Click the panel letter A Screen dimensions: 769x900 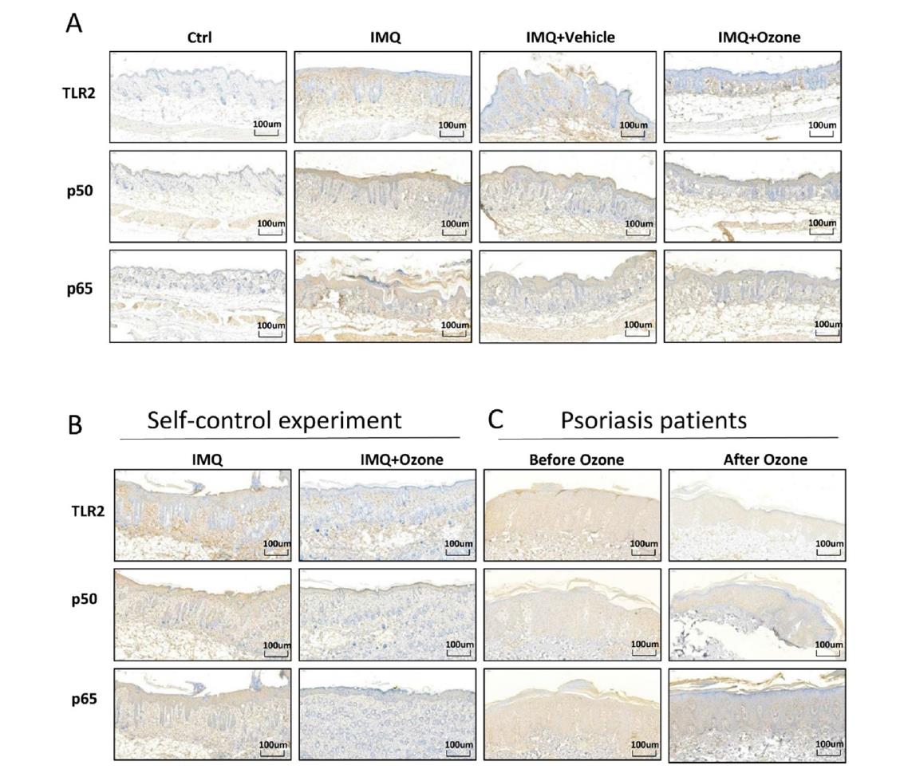73,23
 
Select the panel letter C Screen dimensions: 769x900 495,420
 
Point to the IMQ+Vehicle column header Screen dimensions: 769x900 567,37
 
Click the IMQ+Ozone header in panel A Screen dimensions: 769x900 752,37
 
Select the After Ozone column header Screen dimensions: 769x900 756,459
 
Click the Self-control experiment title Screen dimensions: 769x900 274,420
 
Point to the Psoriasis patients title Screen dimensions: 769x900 653,420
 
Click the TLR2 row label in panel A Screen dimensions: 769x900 81,93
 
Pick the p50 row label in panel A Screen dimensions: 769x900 82,193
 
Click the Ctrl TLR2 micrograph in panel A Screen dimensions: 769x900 198,97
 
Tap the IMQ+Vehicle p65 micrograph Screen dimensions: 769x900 567,296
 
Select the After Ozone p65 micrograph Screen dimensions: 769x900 756,716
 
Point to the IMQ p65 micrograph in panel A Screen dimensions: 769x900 382,296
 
